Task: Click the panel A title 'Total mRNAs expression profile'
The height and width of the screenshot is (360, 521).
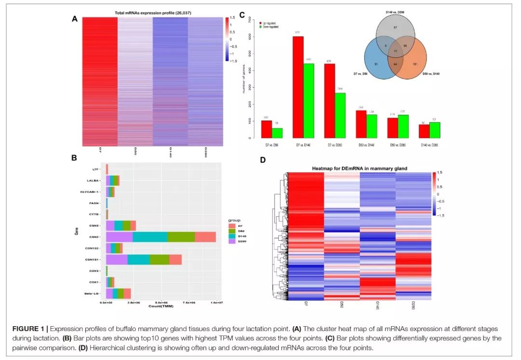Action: click(x=147, y=13)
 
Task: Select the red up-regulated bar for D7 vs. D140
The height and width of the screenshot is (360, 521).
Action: click(x=298, y=87)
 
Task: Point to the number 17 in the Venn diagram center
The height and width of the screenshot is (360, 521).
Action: click(x=396, y=51)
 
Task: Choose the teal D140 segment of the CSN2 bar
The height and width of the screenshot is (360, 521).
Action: click(x=150, y=236)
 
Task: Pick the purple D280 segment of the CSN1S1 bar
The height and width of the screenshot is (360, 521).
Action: click(x=117, y=259)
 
